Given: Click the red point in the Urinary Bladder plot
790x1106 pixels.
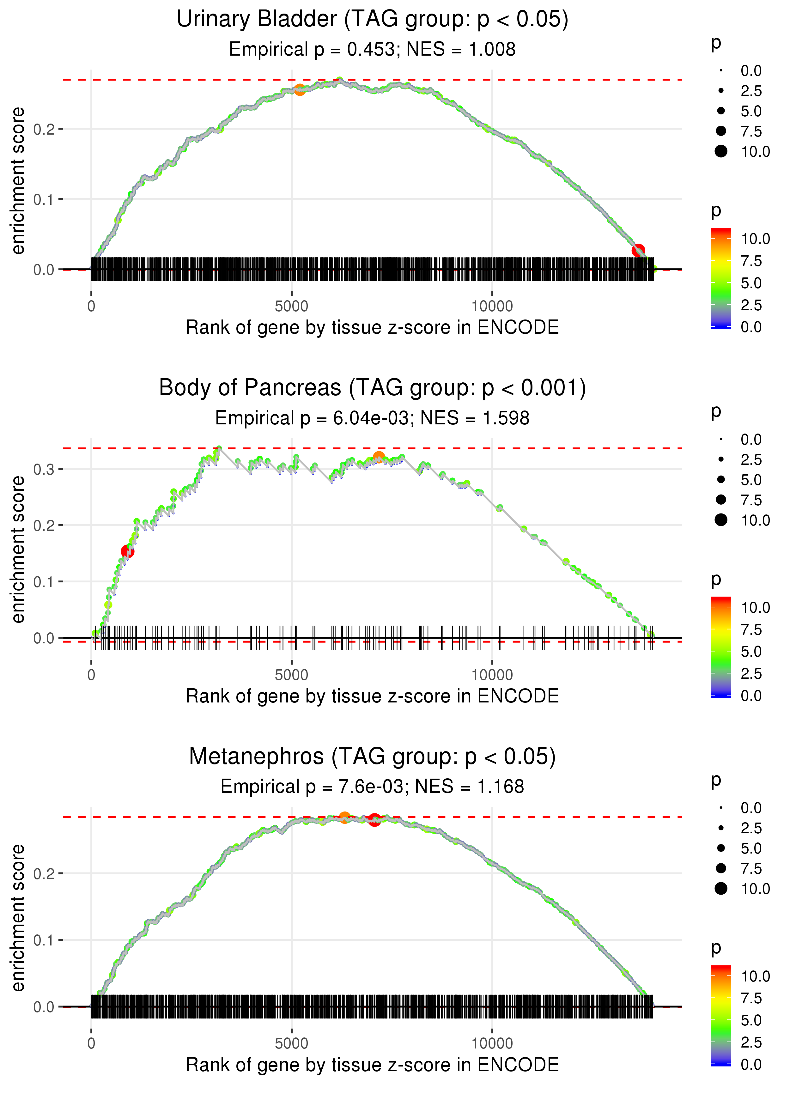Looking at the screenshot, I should (638, 251).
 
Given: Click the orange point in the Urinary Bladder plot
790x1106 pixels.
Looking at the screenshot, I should (300, 89).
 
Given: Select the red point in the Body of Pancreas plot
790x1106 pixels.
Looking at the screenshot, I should (127, 551).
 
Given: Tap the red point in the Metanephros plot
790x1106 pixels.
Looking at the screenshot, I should (374, 820).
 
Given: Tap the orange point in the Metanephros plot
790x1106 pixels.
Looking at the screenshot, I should (344, 817).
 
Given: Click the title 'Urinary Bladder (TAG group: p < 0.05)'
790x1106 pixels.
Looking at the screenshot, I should (372, 20).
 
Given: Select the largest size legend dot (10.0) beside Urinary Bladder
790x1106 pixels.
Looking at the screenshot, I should (721, 151).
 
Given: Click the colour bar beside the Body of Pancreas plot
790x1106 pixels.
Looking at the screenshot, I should (721, 647).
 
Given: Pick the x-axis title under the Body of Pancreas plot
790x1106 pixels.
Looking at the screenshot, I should (372, 696).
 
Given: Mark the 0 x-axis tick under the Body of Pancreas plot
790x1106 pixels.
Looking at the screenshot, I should (91, 675).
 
